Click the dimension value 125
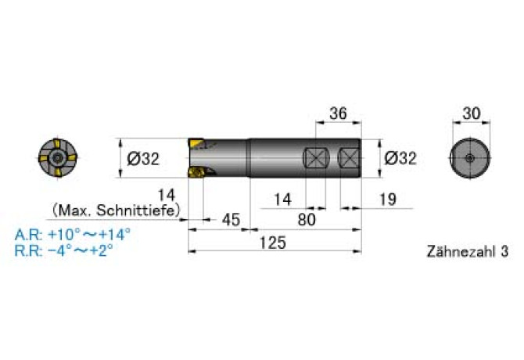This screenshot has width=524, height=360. tap(273, 243)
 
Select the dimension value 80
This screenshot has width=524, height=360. tap(307, 220)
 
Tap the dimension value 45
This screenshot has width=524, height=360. tap(231, 220)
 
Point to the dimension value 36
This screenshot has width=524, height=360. tap(338, 113)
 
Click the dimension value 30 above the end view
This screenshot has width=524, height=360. tap(471, 113)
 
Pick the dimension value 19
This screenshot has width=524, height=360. tap(388, 200)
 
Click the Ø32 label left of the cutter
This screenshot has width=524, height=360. tap(143, 158)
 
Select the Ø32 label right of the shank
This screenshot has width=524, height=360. tap(400, 158)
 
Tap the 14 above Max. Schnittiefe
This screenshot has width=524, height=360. tap(166, 195)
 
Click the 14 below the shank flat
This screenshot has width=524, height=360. tap(282, 200)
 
